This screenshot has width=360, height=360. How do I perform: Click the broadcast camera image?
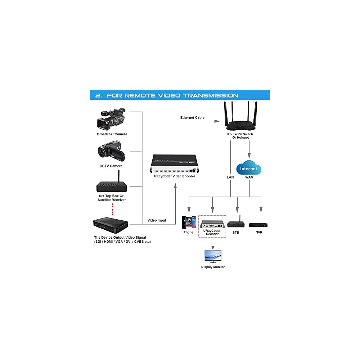click(x=111, y=119)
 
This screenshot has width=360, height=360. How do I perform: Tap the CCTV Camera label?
click(x=111, y=166)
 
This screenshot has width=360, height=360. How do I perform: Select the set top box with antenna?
click(x=112, y=184)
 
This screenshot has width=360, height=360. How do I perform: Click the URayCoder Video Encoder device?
click(x=175, y=164)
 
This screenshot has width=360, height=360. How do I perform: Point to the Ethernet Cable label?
click(x=192, y=118)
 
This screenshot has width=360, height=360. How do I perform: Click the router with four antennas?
click(x=240, y=117)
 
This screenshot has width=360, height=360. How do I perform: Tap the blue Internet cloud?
click(x=249, y=169)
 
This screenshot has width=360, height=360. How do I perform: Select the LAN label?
click(x=230, y=177)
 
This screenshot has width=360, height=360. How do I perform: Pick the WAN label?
click(x=249, y=177)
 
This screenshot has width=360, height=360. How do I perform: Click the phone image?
click(x=189, y=222)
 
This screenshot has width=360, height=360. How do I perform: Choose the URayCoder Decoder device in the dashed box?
click(x=212, y=223)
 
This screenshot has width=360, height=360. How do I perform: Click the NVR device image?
click(x=258, y=225)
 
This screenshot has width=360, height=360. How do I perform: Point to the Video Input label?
click(x=157, y=220)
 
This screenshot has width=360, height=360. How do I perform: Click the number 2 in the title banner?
click(x=98, y=95)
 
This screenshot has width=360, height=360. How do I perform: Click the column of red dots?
click(x=113, y=209)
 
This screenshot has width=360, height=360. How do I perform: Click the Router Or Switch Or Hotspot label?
click(x=240, y=136)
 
